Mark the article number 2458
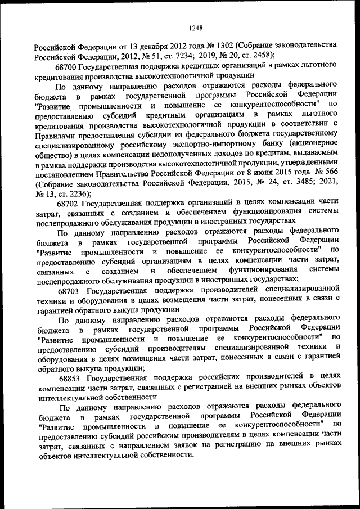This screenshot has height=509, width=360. coord(261,55)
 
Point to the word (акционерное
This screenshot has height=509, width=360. coord(310,144)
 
